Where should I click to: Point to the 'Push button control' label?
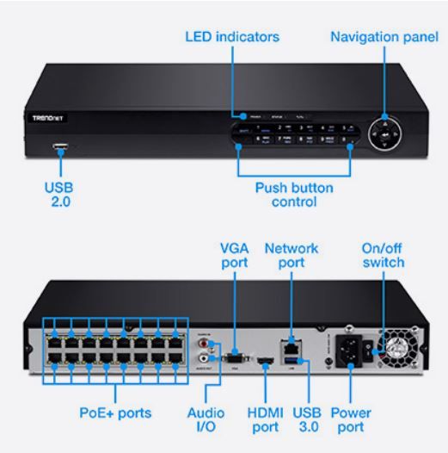pyautogui.click(x=295, y=194)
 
